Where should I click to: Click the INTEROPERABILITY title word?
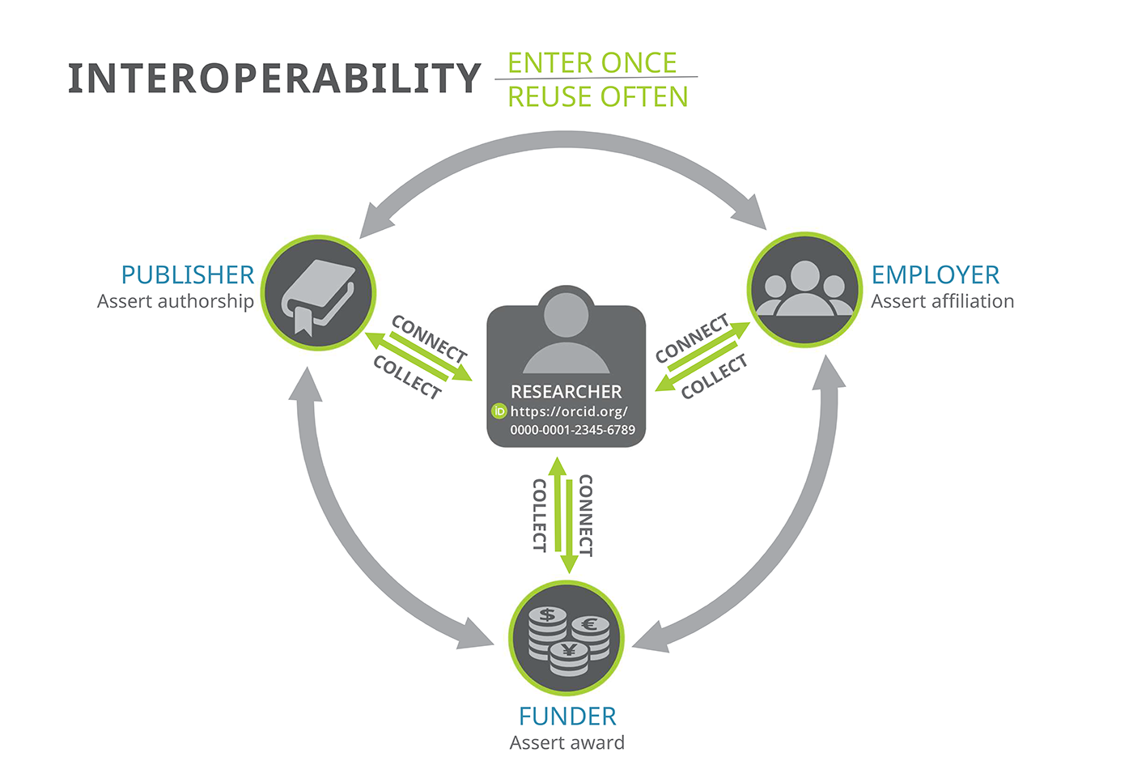pyautogui.click(x=274, y=79)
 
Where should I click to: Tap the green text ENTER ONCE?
pyautogui.click(x=592, y=63)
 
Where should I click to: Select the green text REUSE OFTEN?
pyautogui.click(x=598, y=96)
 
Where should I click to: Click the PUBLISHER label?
pyautogui.click(x=188, y=274)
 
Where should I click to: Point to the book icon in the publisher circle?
pyautogui.click(x=318, y=298)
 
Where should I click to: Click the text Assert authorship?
pyautogui.click(x=176, y=301)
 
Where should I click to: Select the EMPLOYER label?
pyautogui.click(x=936, y=274)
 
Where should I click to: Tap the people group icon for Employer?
pyautogui.click(x=804, y=288)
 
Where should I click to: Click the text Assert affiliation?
pyautogui.click(x=942, y=301)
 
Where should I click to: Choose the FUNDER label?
pyautogui.click(x=567, y=716)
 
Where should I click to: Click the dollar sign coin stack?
pyautogui.click(x=547, y=633)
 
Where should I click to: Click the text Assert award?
pyautogui.click(x=567, y=743)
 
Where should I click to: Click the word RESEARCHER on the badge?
pyautogui.click(x=566, y=392)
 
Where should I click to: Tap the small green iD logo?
pyautogui.click(x=499, y=411)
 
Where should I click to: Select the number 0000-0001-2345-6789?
pyautogui.click(x=573, y=430)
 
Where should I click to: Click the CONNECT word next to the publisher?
pyautogui.click(x=430, y=338)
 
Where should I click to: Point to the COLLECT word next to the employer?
pyautogui.click(x=714, y=376)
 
